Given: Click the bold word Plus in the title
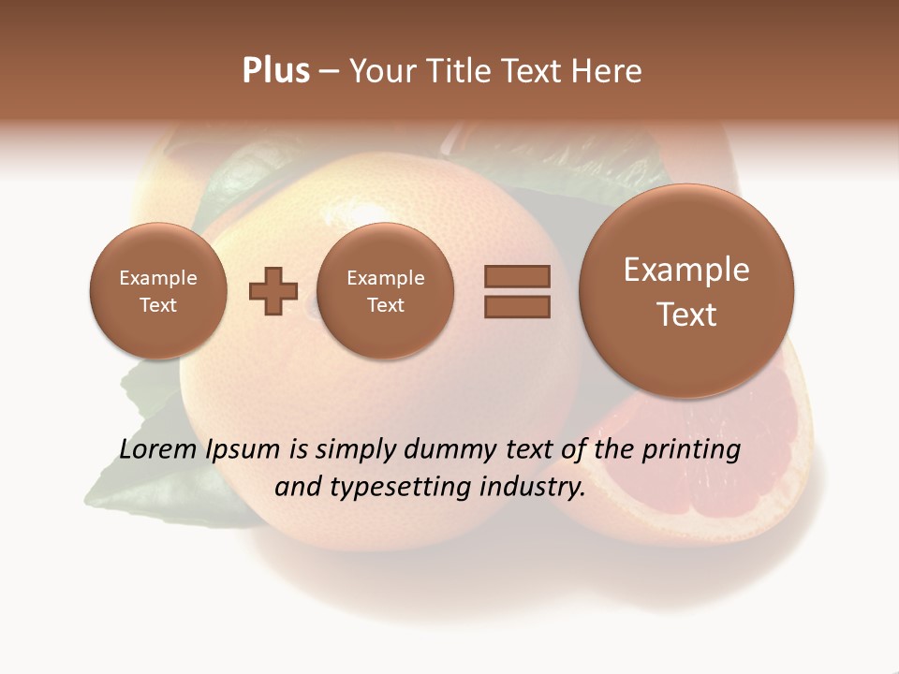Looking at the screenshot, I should click(275, 71).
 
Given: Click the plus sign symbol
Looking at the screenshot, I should click(273, 291).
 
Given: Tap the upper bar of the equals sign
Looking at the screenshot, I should click(517, 276).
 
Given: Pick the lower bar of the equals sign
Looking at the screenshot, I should click(517, 306).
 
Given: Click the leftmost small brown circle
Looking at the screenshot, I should click(157, 290).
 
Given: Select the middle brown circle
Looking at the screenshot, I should click(385, 290).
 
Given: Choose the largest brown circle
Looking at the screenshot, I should click(686, 290).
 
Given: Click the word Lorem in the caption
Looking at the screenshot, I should click(159, 449).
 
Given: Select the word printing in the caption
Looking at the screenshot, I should click(690, 450).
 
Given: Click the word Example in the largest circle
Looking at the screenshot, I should click(686, 270).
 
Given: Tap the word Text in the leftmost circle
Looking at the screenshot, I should click(157, 305).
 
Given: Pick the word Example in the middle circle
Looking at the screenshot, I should click(385, 278).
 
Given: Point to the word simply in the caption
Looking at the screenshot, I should click(355, 450).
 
